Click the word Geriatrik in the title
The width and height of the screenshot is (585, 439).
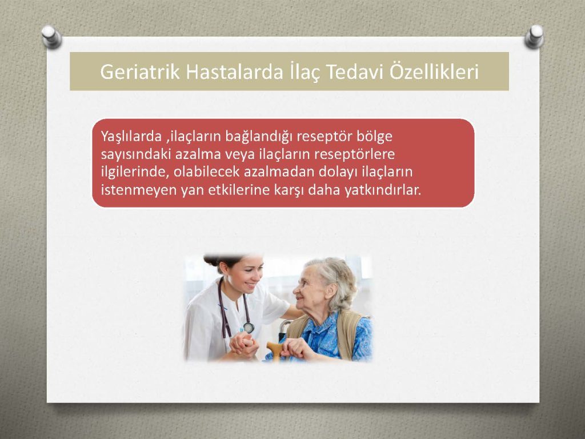[140, 72]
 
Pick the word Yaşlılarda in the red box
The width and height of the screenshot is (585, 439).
[131, 137]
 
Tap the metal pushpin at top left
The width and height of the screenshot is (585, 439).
[51, 37]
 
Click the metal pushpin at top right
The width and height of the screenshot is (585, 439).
[535, 36]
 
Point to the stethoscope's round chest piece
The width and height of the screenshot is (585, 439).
[249, 328]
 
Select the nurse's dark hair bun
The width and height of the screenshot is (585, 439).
[211, 260]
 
